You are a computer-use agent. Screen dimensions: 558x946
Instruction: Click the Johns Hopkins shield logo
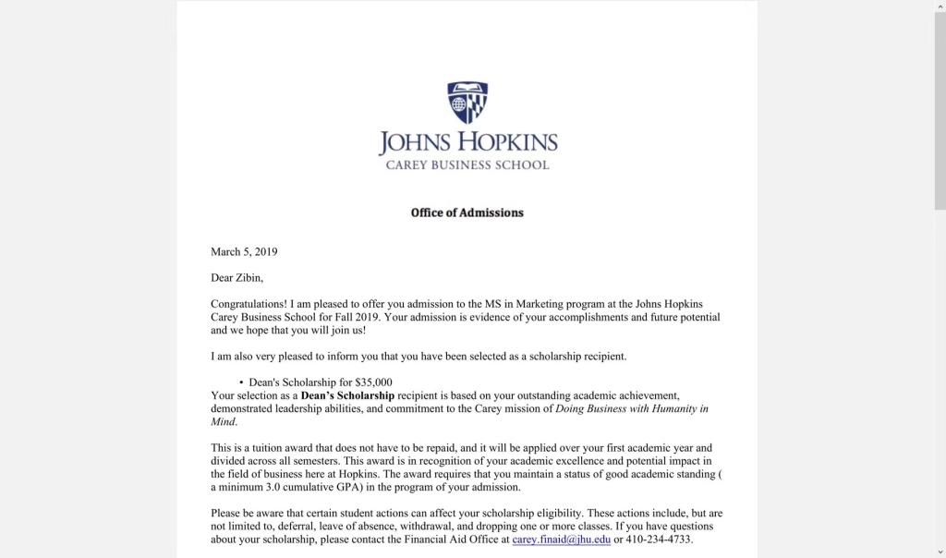pos(467,103)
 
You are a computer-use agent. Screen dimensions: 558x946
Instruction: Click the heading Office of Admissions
pos(467,212)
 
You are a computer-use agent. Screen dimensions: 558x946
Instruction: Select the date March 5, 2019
pos(244,251)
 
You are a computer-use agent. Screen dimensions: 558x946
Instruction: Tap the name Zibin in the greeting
pos(249,277)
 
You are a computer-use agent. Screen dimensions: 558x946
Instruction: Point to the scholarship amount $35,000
pos(373,382)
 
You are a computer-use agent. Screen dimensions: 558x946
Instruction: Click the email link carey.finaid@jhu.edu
pos(562,540)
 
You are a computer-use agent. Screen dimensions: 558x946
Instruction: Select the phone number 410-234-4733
pos(660,540)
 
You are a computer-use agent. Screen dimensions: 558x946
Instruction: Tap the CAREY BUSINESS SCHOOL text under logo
pos(467,165)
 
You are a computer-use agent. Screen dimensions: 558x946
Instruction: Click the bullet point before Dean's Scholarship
pos(241,382)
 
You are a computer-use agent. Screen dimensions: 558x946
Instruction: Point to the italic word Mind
pos(223,421)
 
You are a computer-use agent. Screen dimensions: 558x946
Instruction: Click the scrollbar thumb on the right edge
pos(940,111)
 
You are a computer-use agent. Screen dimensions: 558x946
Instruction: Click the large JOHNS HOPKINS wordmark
pos(467,142)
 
